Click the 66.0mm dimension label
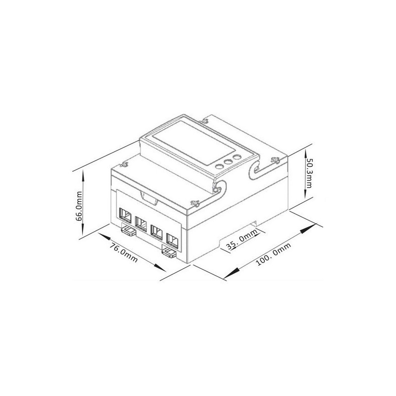pyautogui.click(x=79, y=206)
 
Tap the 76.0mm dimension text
pyautogui.click(x=124, y=252)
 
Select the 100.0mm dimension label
pyautogui.click(x=274, y=254)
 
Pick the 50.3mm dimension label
pyautogui.click(x=309, y=173)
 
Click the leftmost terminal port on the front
pyautogui.click(x=126, y=216)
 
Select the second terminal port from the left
pyautogui.click(x=141, y=224)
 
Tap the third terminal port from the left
pyautogui.click(x=156, y=232)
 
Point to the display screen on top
pyautogui.click(x=194, y=143)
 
